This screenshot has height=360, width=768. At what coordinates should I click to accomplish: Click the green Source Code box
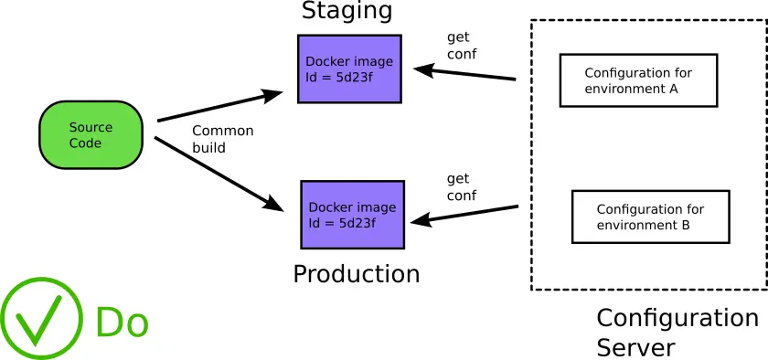[x=91, y=134]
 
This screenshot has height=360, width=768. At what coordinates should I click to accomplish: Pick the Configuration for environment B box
[x=650, y=217]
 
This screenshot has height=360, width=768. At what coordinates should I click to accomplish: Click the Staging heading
[x=347, y=11]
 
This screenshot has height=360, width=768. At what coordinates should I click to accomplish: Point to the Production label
[x=356, y=274]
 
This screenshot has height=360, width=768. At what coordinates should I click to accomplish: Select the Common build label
[x=222, y=139]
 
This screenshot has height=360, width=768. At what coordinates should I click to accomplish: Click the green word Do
[x=122, y=323]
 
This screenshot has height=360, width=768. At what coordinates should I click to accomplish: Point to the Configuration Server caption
[x=677, y=332]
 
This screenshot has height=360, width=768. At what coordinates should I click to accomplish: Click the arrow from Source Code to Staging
[x=219, y=106]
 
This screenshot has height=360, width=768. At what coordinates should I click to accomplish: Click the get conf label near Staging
[x=461, y=46]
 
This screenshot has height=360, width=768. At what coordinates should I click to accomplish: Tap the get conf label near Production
[x=461, y=187]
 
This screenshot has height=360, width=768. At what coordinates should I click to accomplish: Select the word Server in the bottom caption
[x=635, y=347]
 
